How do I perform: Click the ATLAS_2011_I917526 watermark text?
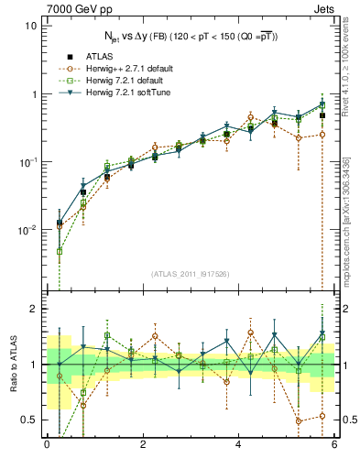coord(190,273)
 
